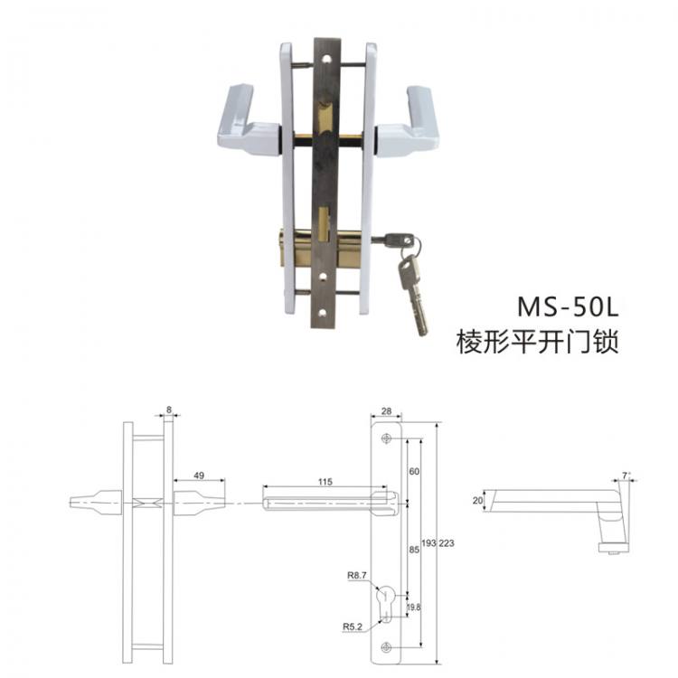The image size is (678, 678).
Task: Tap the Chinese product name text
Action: click(x=540, y=342)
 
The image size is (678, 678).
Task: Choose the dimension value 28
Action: click(x=386, y=412)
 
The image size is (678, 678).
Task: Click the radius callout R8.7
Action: click(x=357, y=575)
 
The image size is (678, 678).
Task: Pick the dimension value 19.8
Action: click(x=415, y=607)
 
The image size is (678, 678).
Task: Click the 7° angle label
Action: click(x=626, y=473)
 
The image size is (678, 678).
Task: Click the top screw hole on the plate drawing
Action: click(x=387, y=439)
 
